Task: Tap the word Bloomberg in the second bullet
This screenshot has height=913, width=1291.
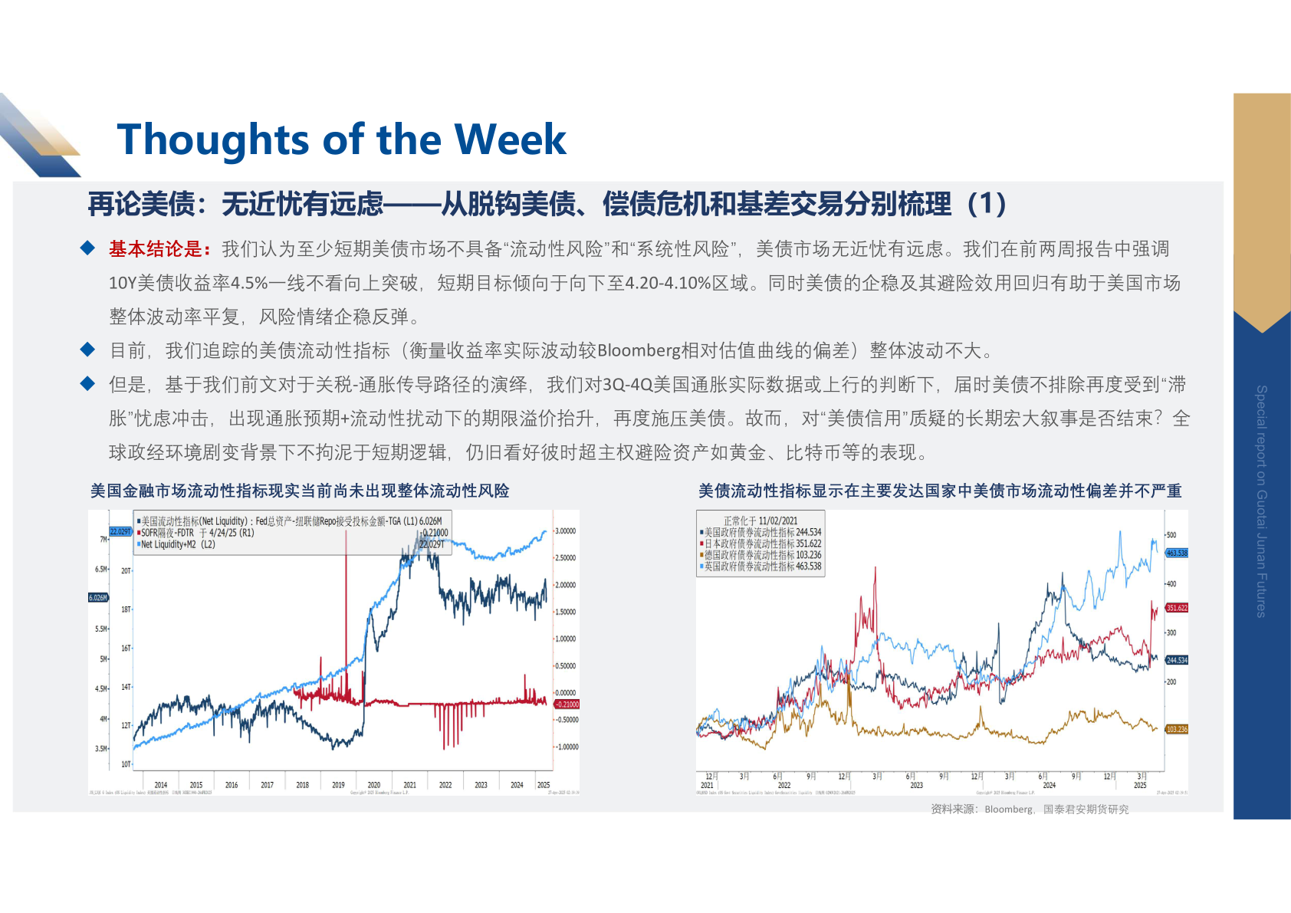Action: [639, 351]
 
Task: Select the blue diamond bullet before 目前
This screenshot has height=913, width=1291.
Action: [88, 350]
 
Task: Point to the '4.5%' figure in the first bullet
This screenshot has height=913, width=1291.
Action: [249, 284]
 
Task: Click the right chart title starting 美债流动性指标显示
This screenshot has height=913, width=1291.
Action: [940, 491]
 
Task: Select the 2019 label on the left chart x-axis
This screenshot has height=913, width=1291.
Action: [338, 785]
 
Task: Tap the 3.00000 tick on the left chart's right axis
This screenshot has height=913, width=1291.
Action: [565, 531]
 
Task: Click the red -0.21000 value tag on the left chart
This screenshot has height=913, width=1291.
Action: [567, 704]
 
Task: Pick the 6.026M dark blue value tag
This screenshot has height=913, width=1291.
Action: [98, 598]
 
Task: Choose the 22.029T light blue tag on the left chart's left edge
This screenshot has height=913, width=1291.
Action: [120, 531]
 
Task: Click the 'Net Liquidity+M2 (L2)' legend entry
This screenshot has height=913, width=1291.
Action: [178, 544]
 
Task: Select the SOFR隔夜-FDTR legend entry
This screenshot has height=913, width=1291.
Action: [197, 533]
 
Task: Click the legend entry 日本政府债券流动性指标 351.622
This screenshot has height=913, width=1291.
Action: [762, 544]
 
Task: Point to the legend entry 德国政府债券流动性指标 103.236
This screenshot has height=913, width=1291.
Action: [762, 555]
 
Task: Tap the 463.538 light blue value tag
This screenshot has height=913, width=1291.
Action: [1177, 553]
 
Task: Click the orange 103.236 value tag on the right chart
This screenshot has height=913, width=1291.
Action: [1177, 729]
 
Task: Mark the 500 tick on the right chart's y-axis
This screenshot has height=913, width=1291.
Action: [1171, 535]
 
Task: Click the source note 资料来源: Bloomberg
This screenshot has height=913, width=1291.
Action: [1030, 809]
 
